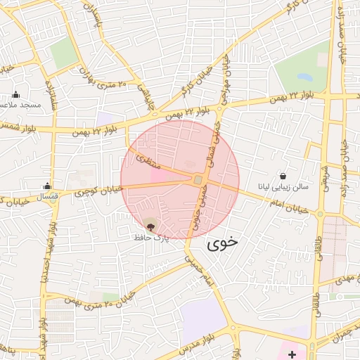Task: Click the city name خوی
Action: [x=222, y=243]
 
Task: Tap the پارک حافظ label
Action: [x=151, y=238]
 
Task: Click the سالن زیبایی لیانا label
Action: [x=282, y=188]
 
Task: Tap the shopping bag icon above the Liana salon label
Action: [x=283, y=176]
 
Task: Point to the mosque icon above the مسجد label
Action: [x=16, y=94]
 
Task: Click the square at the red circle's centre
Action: [x=198, y=181]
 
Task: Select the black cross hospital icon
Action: [x=292, y=354]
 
